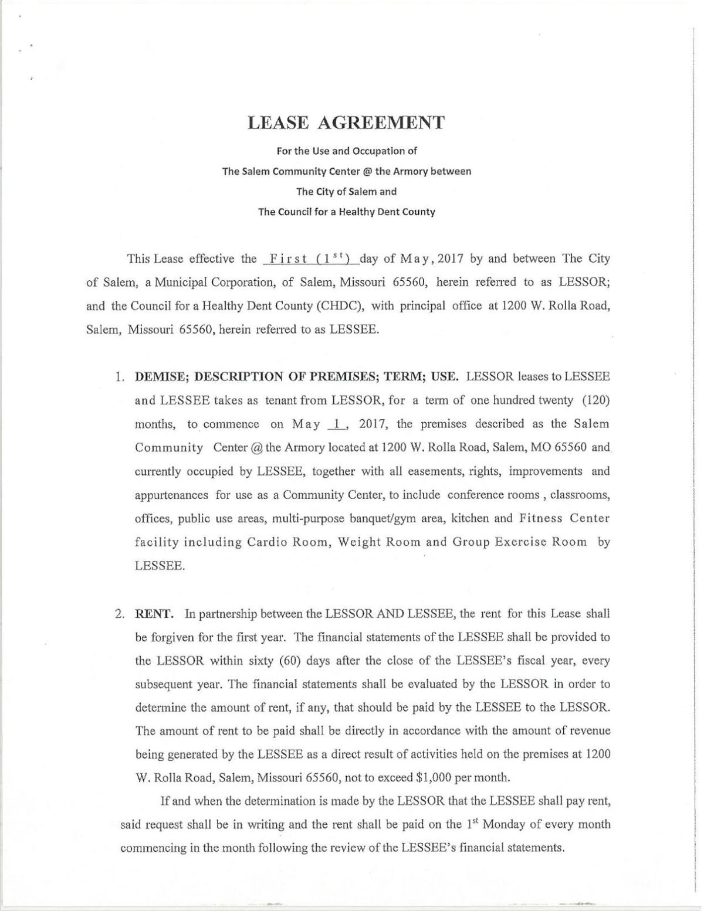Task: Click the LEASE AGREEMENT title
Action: point(346,123)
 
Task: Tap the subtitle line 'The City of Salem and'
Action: point(346,191)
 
